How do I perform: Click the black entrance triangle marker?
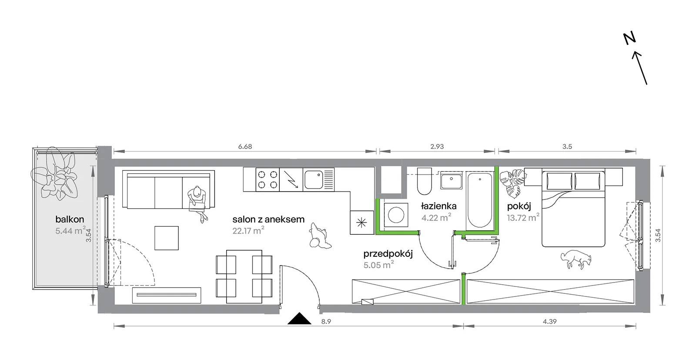pyautogui.click(x=299, y=319)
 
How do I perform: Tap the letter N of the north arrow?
pyautogui.click(x=630, y=39)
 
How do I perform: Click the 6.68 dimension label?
pyautogui.click(x=245, y=146)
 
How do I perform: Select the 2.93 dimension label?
pyautogui.click(x=437, y=146)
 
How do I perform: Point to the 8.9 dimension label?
pyautogui.click(x=326, y=322)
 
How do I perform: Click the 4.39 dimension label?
pyautogui.click(x=549, y=322)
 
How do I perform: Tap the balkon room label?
pyautogui.click(x=70, y=219)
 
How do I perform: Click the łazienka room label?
pyautogui.click(x=439, y=206)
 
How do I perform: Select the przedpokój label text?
pyautogui.click(x=388, y=254)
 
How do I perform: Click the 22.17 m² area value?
pyautogui.click(x=248, y=230)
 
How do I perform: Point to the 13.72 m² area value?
pyautogui.click(x=523, y=217)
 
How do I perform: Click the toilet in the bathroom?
pyautogui.click(x=425, y=181)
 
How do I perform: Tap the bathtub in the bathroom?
pyautogui.click(x=480, y=201)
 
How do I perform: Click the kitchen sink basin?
pyautogui.click(x=314, y=180)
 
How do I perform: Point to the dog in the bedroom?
pyautogui.click(x=576, y=259)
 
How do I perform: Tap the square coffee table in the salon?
pyautogui.click(x=167, y=238)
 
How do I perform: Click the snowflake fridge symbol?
pyautogui.click(x=361, y=222)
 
